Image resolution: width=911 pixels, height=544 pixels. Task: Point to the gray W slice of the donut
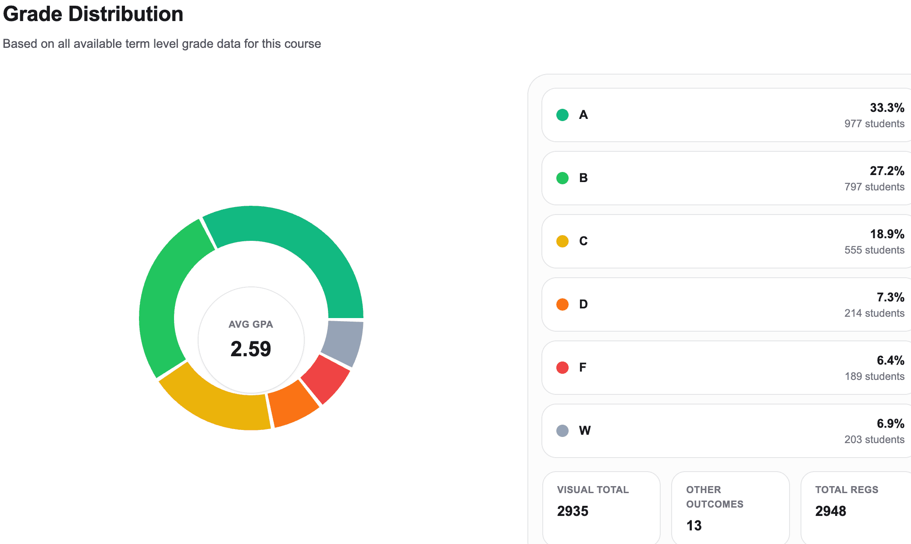coord(344,342)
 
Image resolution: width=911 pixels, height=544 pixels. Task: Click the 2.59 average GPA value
coord(251,349)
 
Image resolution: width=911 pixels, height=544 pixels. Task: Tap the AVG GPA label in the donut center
coord(251,324)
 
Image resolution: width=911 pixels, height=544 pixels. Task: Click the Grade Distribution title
coord(93,14)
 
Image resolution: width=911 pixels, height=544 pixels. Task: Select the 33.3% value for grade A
coord(887,107)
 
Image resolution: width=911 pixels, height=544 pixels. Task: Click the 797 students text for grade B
coord(874,187)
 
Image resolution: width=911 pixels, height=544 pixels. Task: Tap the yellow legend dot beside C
coord(562,241)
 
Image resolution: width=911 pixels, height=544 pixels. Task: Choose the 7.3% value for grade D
coord(890,297)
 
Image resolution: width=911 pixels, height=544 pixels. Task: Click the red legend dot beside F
coord(562,368)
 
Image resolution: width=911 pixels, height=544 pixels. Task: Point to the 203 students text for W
coord(874,440)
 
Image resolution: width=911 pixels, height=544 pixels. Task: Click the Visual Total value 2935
coord(573,511)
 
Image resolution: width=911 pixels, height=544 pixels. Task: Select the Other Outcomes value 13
coord(694,526)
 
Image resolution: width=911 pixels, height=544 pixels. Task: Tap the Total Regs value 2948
coord(830,511)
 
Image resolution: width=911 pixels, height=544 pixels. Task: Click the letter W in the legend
coord(584,430)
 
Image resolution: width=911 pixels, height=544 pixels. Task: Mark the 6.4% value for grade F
coord(890,360)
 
